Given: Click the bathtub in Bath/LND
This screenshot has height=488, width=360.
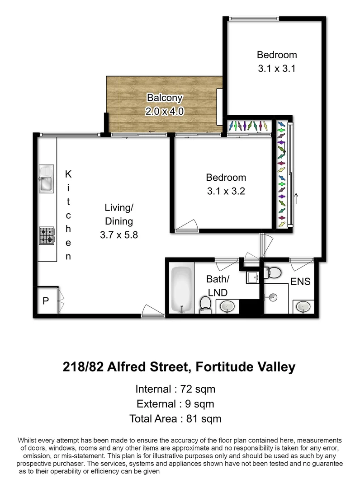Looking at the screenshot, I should [181, 289].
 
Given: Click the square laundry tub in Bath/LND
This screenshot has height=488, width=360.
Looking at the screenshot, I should [252, 277].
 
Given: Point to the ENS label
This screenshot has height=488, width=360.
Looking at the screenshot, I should [300, 282].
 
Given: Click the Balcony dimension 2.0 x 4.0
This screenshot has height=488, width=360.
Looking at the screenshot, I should [164, 111].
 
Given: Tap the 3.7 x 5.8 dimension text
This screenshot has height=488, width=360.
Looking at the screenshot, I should [119, 235].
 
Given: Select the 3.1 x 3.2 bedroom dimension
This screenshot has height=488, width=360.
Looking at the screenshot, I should [226, 191].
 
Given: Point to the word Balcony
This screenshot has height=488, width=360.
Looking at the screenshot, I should [164, 98].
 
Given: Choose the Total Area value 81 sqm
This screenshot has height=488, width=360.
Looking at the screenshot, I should [204, 418].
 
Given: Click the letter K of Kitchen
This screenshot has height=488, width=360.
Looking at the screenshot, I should [68, 173].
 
